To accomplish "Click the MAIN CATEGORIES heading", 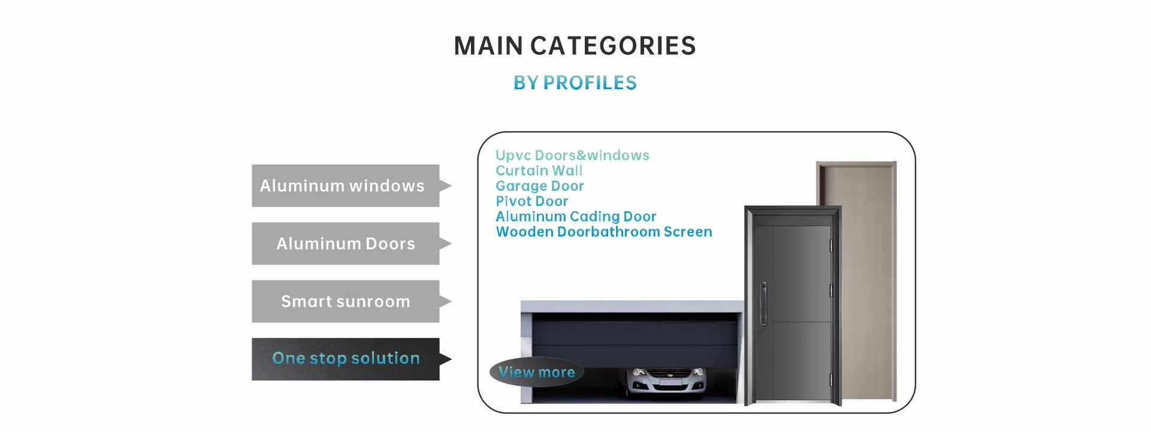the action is pos(575,46).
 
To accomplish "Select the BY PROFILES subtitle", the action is pos(575,83).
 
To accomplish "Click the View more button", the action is pos(537,372).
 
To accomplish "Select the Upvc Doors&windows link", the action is pos(572,156).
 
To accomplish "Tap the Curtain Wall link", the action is pos(539,171).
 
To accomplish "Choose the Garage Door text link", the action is pos(539,186).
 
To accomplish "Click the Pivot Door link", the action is pos(531,201).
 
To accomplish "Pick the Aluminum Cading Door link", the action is pos(576,217).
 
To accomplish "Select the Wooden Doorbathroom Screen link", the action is pos(604,232).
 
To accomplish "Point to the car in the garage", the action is pos(666,382).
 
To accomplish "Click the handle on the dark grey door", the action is pos(763,303).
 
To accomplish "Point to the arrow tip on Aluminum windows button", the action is pos(451,185).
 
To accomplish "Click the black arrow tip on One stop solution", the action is pos(451,359).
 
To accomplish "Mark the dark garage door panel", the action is pos(635,340).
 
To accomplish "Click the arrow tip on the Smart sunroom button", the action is pos(451,302).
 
